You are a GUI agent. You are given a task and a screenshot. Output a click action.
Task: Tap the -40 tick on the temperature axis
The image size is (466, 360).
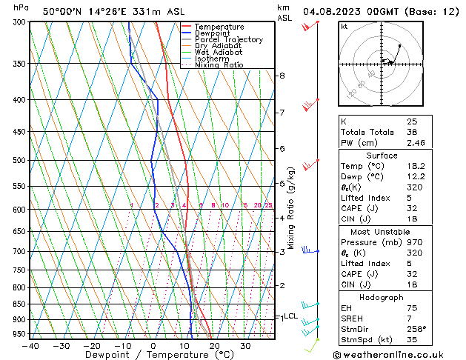[30, 345]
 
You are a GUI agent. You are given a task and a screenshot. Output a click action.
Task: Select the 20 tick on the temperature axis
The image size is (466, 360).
[214, 345]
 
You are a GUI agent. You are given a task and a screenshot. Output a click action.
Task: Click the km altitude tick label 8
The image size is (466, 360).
[282, 76]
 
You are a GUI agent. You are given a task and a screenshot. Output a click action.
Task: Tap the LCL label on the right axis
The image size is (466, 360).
[291, 316]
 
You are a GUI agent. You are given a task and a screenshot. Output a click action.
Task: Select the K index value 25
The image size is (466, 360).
[412, 121]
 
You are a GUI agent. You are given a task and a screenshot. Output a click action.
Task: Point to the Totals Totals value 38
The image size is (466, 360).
[412, 132]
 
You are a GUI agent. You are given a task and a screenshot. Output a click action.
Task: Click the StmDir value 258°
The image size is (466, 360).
[417, 329]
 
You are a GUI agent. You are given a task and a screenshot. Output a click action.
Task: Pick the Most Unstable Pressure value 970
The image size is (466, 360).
[414, 242]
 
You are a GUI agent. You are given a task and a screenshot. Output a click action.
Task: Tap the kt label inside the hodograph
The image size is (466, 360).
[344, 27]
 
